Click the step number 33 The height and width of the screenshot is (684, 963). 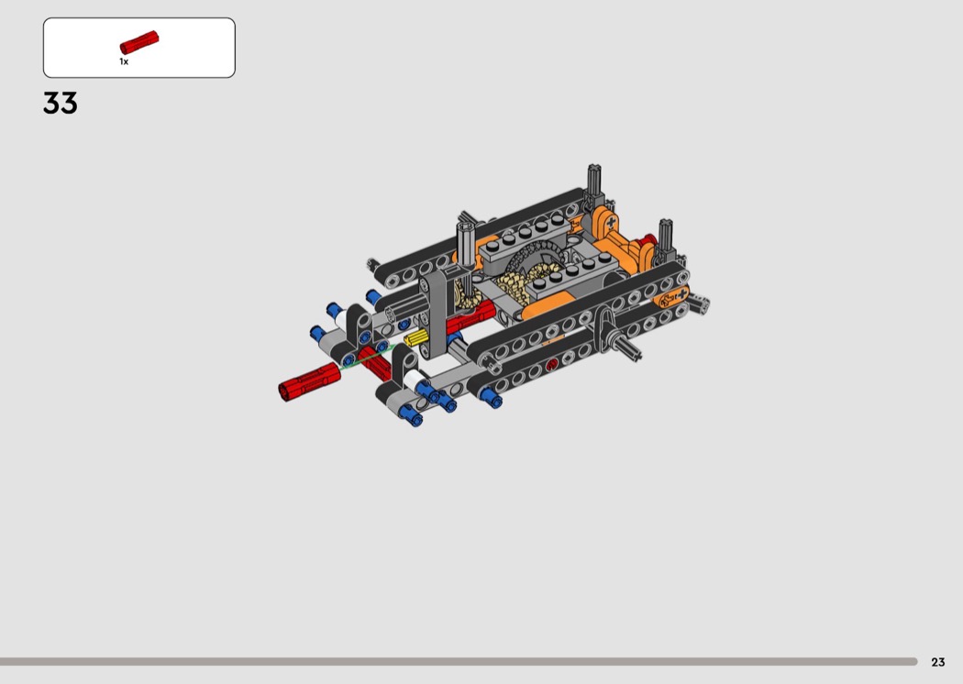click(x=61, y=104)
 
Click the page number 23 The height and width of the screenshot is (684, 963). click(x=938, y=662)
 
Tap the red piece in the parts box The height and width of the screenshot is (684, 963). click(x=138, y=42)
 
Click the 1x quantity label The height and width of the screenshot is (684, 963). click(x=124, y=61)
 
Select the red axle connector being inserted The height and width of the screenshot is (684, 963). click(x=309, y=381)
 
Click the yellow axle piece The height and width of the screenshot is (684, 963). click(x=415, y=337)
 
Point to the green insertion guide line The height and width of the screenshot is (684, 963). click(x=367, y=357)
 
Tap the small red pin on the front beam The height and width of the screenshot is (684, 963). click(x=551, y=364)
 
